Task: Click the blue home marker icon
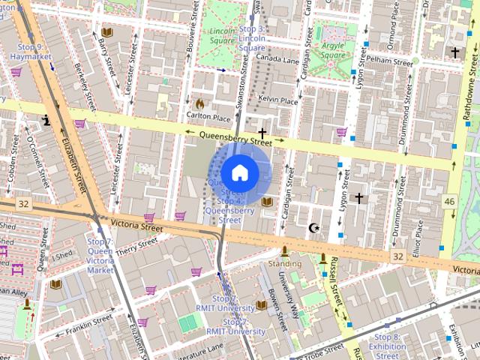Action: (240, 173)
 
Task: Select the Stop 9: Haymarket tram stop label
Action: (35, 52)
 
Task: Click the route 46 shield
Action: (449, 201)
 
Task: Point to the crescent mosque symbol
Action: (314, 227)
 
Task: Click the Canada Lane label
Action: (277, 58)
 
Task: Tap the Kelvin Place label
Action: (278, 100)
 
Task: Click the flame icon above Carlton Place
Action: (200, 103)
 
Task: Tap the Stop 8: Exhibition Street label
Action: (388, 343)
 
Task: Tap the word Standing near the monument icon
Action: (285, 264)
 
